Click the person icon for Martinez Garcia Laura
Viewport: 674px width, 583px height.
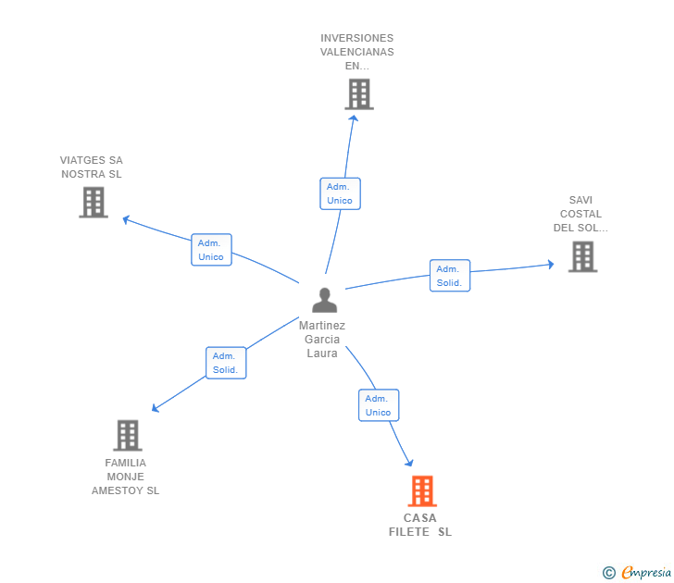(324, 300)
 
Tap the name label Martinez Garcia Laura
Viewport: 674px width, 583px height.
(322, 339)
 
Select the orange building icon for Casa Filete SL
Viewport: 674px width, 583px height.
(421, 490)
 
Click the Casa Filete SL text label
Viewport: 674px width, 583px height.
(420, 525)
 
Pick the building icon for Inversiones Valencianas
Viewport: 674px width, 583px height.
(358, 93)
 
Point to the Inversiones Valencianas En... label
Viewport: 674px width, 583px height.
(357, 52)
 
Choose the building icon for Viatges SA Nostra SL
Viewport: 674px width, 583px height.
(94, 202)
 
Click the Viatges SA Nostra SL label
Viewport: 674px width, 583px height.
(92, 167)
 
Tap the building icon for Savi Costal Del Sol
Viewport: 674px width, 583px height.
(582, 256)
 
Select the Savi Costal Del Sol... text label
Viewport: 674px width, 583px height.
(580, 214)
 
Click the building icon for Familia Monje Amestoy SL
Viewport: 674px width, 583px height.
(127, 435)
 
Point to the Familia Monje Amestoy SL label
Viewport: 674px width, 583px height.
(125, 477)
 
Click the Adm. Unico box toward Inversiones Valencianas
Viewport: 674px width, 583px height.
(340, 193)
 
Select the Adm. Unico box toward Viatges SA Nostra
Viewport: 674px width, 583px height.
(211, 250)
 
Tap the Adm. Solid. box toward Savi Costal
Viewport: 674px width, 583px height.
(450, 276)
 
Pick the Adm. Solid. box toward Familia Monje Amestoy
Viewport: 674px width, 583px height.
(226, 363)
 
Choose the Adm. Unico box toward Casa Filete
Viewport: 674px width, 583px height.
(378, 405)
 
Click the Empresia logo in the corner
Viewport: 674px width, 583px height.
(646, 572)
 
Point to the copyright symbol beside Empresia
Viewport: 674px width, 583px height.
(609, 573)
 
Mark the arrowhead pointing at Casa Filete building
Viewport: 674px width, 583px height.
(408, 463)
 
